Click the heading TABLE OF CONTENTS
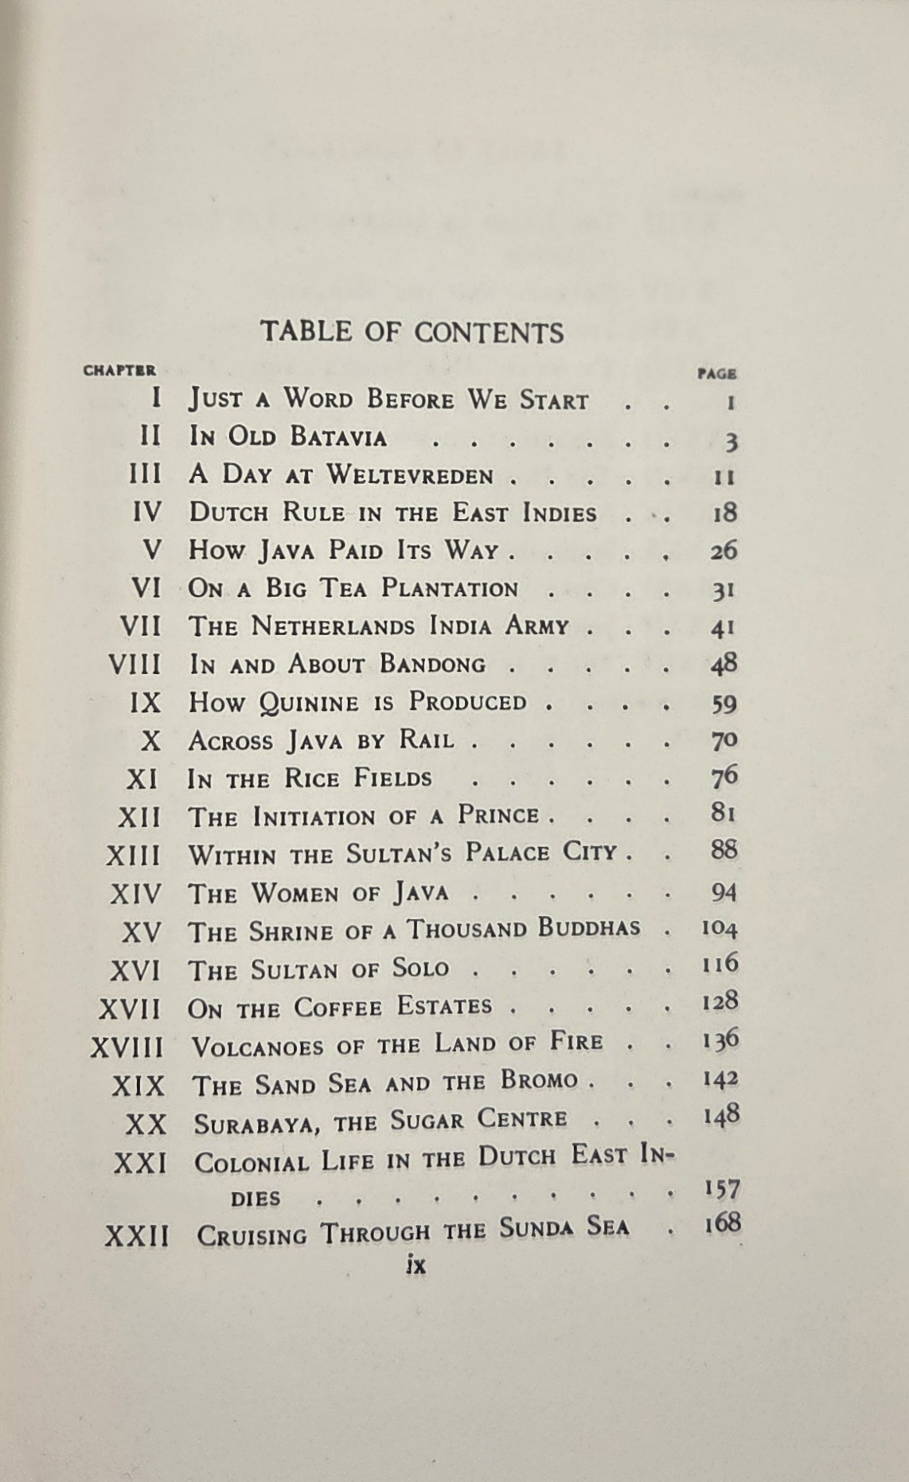412,332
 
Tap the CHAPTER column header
119,370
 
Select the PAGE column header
716,373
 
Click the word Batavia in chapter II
338,437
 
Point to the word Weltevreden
410,475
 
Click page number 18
724,513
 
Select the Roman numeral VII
140,626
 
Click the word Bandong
432,664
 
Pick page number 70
724,741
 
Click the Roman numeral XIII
134,856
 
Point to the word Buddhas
589,928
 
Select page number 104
720,928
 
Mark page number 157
722,1189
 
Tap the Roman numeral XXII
137,1236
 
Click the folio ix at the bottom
415,1266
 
